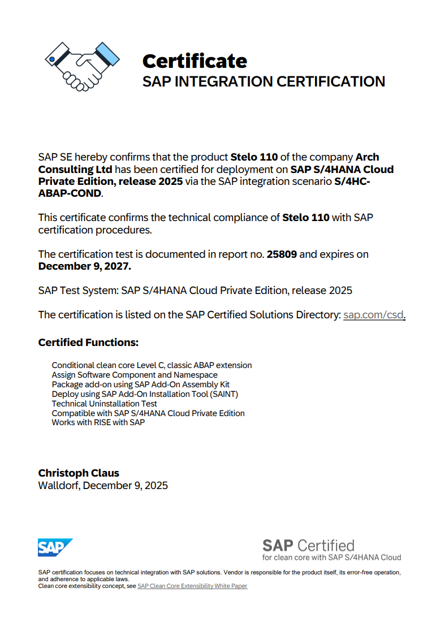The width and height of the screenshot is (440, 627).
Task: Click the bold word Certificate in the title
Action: click(x=195, y=61)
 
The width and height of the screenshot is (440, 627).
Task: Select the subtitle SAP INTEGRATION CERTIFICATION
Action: click(x=264, y=81)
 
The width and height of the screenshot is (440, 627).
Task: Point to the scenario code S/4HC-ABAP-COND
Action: click(x=71, y=193)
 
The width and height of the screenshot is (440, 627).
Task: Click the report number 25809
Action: click(x=282, y=254)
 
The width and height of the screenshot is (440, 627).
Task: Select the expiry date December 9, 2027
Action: click(x=84, y=266)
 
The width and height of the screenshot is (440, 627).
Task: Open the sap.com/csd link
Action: click(x=374, y=315)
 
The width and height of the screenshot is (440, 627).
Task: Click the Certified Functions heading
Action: click(x=88, y=343)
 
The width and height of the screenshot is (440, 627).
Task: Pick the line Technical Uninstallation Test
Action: click(x=105, y=404)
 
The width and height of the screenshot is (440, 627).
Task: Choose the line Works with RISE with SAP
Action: click(x=98, y=423)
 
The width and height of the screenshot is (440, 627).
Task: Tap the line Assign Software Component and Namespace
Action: click(x=135, y=375)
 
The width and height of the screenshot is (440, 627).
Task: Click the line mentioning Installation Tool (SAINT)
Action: click(x=145, y=394)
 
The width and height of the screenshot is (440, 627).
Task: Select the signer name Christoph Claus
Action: click(x=79, y=473)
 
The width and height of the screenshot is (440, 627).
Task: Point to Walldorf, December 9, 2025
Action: click(x=103, y=486)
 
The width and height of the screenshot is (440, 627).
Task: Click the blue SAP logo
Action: click(x=55, y=547)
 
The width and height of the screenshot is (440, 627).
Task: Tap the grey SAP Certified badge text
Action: click(x=308, y=546)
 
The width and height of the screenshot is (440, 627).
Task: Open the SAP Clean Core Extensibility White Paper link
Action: click(x=192, y=586)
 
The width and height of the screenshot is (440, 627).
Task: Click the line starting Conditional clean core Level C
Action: click(x=152, y=365)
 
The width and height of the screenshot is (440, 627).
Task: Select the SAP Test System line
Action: click(x=195, y=291)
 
